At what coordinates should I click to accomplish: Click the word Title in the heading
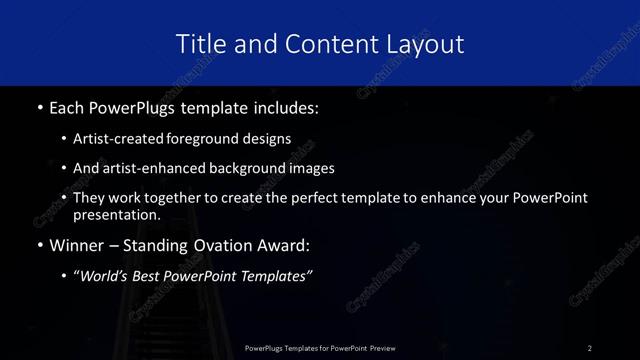(200, 44)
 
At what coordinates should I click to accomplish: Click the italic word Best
(157, 277)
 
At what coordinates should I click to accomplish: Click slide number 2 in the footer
(590, 347)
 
